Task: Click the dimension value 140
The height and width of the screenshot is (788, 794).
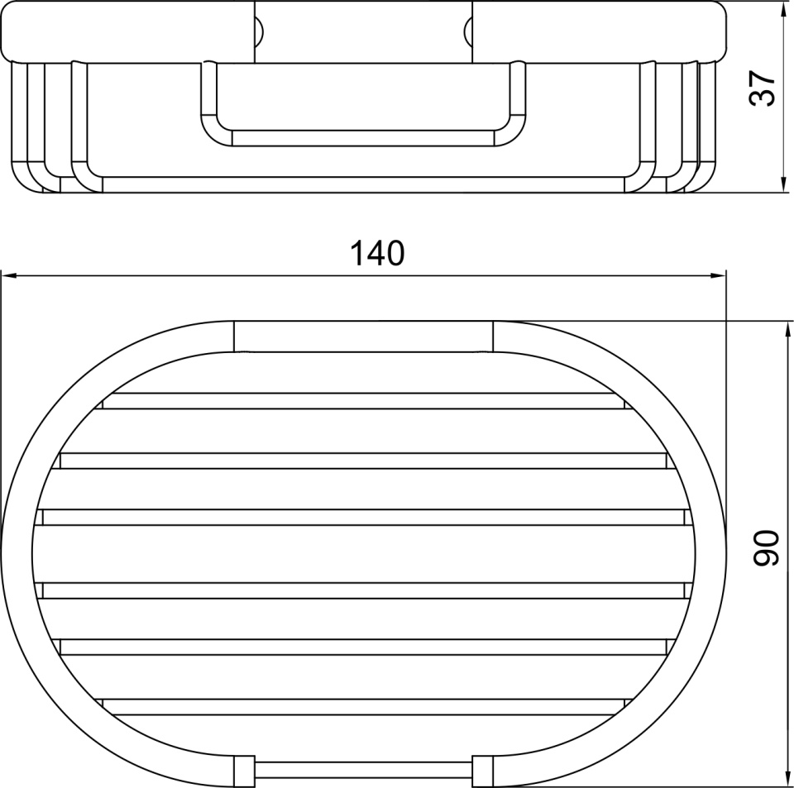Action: [377, 253]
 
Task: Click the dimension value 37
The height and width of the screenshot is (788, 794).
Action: [762, 88]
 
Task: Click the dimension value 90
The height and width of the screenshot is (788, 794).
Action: [765, 547]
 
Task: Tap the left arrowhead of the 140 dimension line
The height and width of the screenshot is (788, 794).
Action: [9, 275]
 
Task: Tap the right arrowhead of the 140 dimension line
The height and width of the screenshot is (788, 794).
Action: [719, 275]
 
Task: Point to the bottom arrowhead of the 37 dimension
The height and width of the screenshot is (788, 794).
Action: [783, 184]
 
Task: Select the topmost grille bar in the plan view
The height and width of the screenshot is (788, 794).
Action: [363, 401]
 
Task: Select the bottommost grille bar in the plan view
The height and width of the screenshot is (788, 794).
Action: [363, 707]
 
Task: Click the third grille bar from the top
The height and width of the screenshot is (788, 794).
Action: [363, 518]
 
